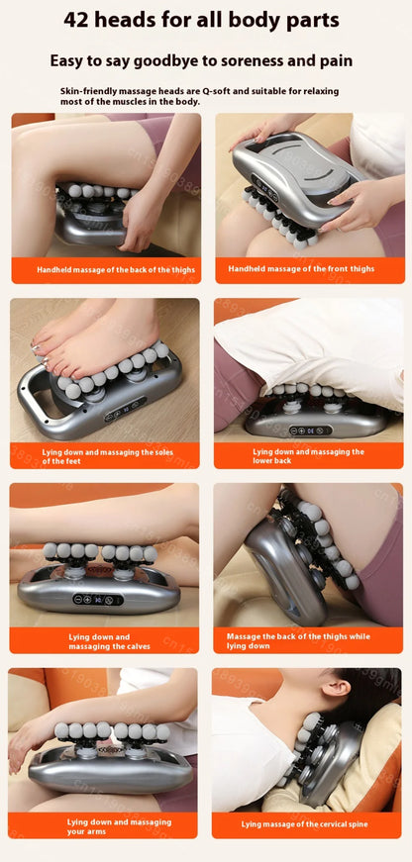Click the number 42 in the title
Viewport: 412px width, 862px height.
[x=81, y=20]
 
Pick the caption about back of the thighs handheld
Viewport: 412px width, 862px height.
[x=116, y=270]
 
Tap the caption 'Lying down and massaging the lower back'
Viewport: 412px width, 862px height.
[x=308, y=456]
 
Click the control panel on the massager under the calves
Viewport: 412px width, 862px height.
[x=99, y=599]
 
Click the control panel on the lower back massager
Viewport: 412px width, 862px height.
[x=308, y=430]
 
